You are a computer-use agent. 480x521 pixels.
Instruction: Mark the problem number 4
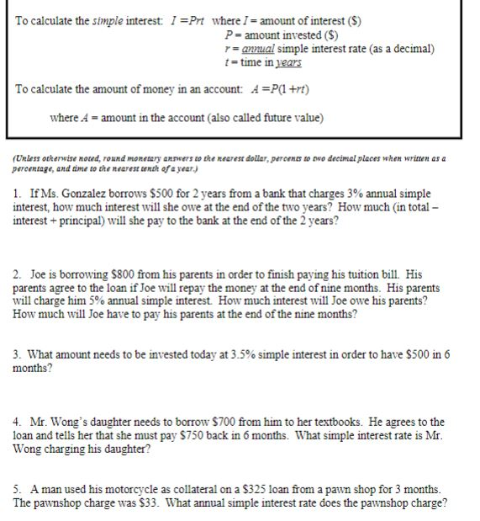pyautogui.click(x=18, y=422)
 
